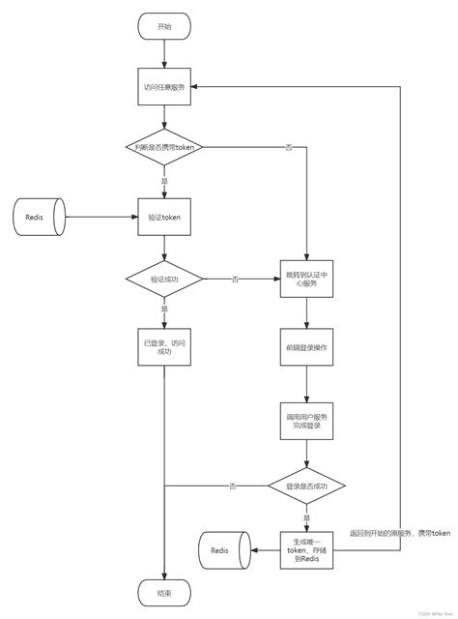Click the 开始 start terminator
click(x=164, y=27)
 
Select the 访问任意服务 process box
click(x=164, y=87)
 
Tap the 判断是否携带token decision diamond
click(x=164, y=146)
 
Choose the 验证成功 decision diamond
click(x=164, y=279)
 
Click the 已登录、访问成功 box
click(x=164, y=347)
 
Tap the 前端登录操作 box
click(x=306, y=346)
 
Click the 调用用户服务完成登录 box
click(x=306, y=418)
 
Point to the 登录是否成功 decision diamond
click(x=306, y=486)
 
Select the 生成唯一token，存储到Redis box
click(x=306, y=550)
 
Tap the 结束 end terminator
click(x=164, y=591)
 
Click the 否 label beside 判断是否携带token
click(x=289, y=147)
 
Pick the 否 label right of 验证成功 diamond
click(x=235, y=280)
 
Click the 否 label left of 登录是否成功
click(x=233, y=486)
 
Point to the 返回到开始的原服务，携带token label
click(x=400, y=533)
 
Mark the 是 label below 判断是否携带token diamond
click(x=164, y=181)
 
